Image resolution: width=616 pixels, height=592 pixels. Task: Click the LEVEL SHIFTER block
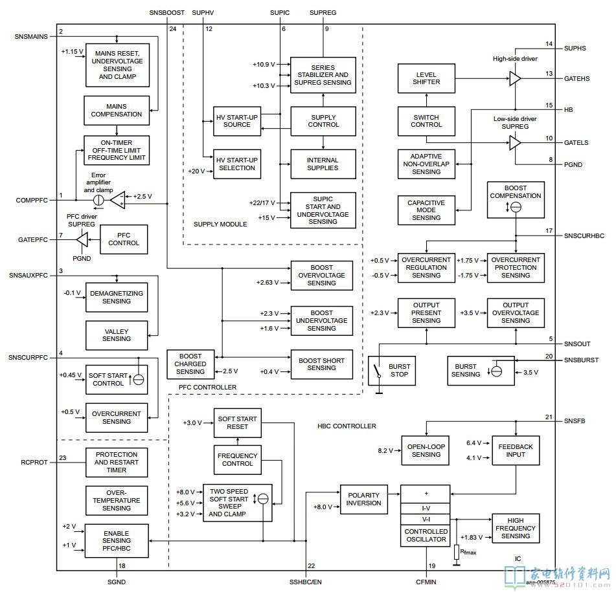tap(426, 78)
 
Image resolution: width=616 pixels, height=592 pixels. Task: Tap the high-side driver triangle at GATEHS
tap(515, 78)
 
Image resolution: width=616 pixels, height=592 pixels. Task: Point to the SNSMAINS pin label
tap(31, 36)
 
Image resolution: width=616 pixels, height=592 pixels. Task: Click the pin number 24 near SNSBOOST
tap(173, 29)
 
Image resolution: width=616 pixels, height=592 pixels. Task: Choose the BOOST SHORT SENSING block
tap(322, 364)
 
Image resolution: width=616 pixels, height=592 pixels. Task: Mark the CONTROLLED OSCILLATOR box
tap(426, 535)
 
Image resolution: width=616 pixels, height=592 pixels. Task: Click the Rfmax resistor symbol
tap(457, 552)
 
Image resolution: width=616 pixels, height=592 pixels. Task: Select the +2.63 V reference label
tap(268, 283)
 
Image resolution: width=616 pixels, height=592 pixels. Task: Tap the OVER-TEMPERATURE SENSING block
tap(117, 500)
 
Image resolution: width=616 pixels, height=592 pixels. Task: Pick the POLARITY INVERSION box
tap(363, 499)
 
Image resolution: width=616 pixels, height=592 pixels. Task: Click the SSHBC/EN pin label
tap(306, 582)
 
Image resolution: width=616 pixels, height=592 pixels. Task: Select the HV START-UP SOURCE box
tap(236, 121)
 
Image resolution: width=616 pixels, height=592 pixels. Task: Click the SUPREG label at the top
tap(323, 12)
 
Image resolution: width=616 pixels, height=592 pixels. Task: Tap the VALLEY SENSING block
tap(117, 334)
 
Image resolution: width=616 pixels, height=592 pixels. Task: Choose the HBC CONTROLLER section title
tap(347, 426)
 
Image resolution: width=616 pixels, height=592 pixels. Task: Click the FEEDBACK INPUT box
tap(516, 450)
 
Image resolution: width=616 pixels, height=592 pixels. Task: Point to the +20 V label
tap(196, 171)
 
